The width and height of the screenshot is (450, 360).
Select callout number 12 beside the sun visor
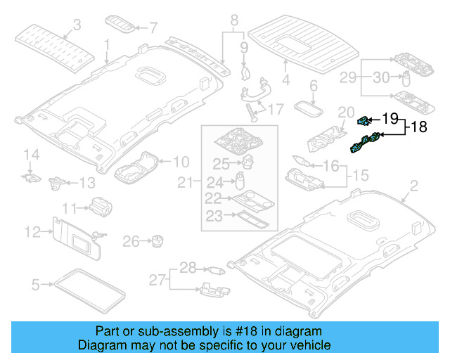pyautogui.click(x=32, y=232)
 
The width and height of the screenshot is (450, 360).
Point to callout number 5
pyautogui.click(x=35, y=285)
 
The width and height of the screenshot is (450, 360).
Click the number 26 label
pyautogui.click(x=131, y=242)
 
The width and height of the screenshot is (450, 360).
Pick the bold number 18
pyautogui.click(x=418, y=127)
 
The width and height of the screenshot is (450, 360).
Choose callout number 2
pyautogui.click(x=413, y=186)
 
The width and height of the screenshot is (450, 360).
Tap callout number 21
pyautogui.click(x=185, y=184)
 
